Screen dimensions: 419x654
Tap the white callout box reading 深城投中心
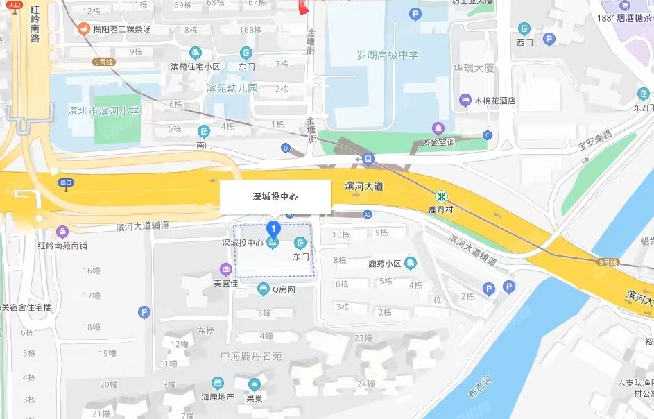tap(275, 197)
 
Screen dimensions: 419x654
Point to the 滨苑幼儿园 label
tap(232, 88)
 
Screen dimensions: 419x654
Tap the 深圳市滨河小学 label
tap(103, 110)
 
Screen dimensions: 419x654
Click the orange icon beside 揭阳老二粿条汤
tap(83, 28)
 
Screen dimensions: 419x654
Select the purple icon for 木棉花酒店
tap(465, 101)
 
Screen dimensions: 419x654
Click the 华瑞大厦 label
tap(473, 68)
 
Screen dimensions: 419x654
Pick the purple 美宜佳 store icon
tap(225, 269)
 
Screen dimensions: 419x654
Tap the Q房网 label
tap(283, 289)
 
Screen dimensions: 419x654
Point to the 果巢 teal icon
tap(255, 384)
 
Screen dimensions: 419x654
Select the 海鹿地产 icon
tap(218, 383)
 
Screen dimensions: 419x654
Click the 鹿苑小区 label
tap(384, 264)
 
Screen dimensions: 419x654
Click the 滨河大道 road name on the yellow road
tap(364, 187)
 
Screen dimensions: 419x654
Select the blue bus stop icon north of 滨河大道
tap(368, 159)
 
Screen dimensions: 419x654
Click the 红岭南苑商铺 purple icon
tap(62, 232)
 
